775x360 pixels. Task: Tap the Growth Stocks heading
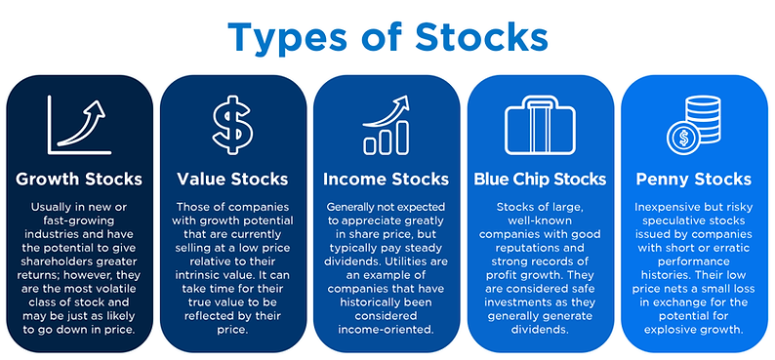(79, 179)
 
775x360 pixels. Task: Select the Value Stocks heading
(233, 179)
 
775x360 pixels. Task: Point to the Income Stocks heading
(386, 179)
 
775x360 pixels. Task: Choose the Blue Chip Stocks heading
(540, 179)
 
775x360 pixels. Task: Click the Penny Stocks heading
(694, 179)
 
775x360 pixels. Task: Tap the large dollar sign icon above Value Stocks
(233, 124)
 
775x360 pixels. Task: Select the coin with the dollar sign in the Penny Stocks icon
(683, 138)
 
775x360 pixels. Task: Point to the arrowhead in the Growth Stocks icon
(96, 110)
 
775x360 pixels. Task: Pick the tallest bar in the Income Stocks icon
(401, 137)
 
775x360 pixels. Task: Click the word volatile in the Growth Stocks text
(118, 289)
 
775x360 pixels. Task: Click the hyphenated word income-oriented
(386, 329)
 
